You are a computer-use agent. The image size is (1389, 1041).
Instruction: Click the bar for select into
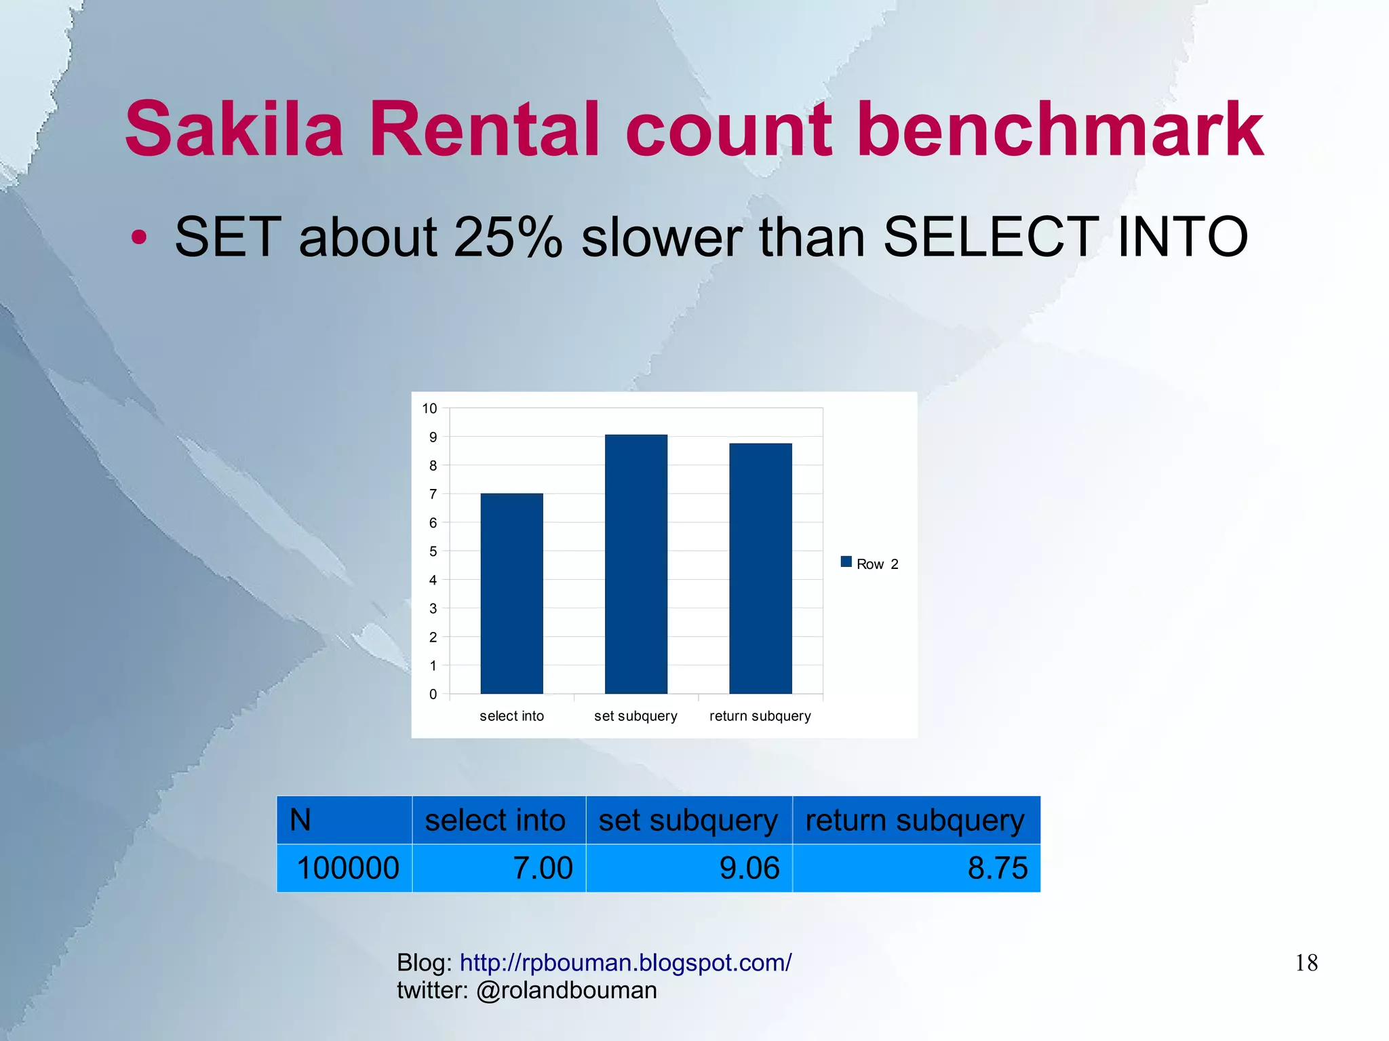pos(511,593)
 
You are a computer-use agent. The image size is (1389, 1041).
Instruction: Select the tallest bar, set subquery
pos(635,564)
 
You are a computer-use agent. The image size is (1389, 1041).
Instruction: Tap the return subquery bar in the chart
pos(760,568)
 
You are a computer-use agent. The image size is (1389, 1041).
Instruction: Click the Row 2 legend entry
pos(869,564)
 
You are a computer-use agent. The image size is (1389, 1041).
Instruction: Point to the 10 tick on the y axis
pos(429,408)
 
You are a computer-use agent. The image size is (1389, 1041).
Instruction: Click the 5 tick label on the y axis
pos(433,551)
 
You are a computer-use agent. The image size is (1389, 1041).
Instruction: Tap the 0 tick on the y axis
pos(433,694)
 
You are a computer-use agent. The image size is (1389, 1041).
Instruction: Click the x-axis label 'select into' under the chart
pos(511,716)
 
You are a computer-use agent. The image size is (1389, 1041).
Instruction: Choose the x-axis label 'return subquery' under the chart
pos(760,716)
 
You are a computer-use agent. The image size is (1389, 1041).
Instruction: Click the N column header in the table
pos(344,820)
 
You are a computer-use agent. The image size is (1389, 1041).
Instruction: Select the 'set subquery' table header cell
pos(688,820)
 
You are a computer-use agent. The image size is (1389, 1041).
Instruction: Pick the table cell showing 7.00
pos(499,868)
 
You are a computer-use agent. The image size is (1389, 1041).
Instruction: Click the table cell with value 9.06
pos(689,868)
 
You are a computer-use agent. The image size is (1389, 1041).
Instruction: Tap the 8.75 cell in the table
pos(916,868)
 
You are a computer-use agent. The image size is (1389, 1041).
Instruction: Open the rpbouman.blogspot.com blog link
pos(625,962)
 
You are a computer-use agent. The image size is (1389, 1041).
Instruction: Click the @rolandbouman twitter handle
pos(566,990)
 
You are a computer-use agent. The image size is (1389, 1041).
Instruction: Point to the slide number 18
pos(1306,963)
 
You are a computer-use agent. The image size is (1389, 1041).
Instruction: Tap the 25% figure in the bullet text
pos(508,237)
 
